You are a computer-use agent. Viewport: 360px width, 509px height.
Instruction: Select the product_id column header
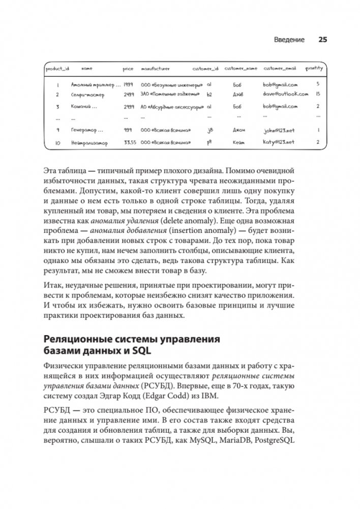point(57,68)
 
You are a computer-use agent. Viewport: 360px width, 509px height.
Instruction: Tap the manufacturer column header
point(156,68)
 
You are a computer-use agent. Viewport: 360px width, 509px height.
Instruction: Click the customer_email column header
point(280,68)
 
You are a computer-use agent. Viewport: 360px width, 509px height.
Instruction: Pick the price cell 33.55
point(129,143)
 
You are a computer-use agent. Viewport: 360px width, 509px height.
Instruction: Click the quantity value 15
point(317,95)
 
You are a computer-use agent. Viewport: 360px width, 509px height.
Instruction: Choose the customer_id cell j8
point(210,131)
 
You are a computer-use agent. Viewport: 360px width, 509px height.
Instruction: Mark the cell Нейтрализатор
point(90,143)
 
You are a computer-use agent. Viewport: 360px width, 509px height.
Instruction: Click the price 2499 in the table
point(129,95)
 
